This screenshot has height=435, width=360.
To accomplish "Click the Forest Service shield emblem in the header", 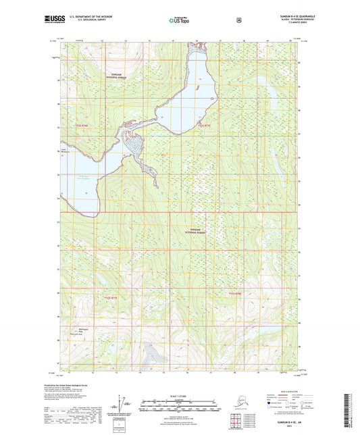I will pos(238,20).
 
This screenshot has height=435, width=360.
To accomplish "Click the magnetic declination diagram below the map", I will pos(123,405).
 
